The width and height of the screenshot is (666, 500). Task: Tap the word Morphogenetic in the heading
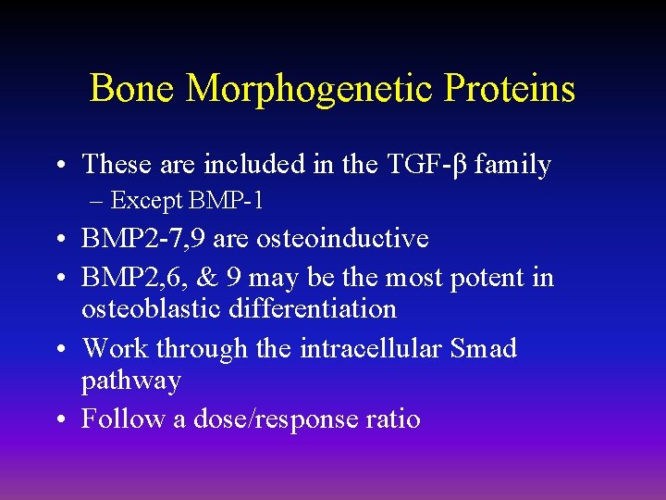[x=310, y=89]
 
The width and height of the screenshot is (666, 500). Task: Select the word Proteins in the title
[x=510, y=89]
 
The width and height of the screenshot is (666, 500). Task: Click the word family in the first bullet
[x=512, y=165]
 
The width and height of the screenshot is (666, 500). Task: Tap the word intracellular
[x=370, y=348]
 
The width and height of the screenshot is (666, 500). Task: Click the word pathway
[x=131, y=381]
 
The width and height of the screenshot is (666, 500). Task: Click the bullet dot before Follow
[x=61, y=419]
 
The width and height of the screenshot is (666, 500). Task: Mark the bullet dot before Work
[x=61, y=349]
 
